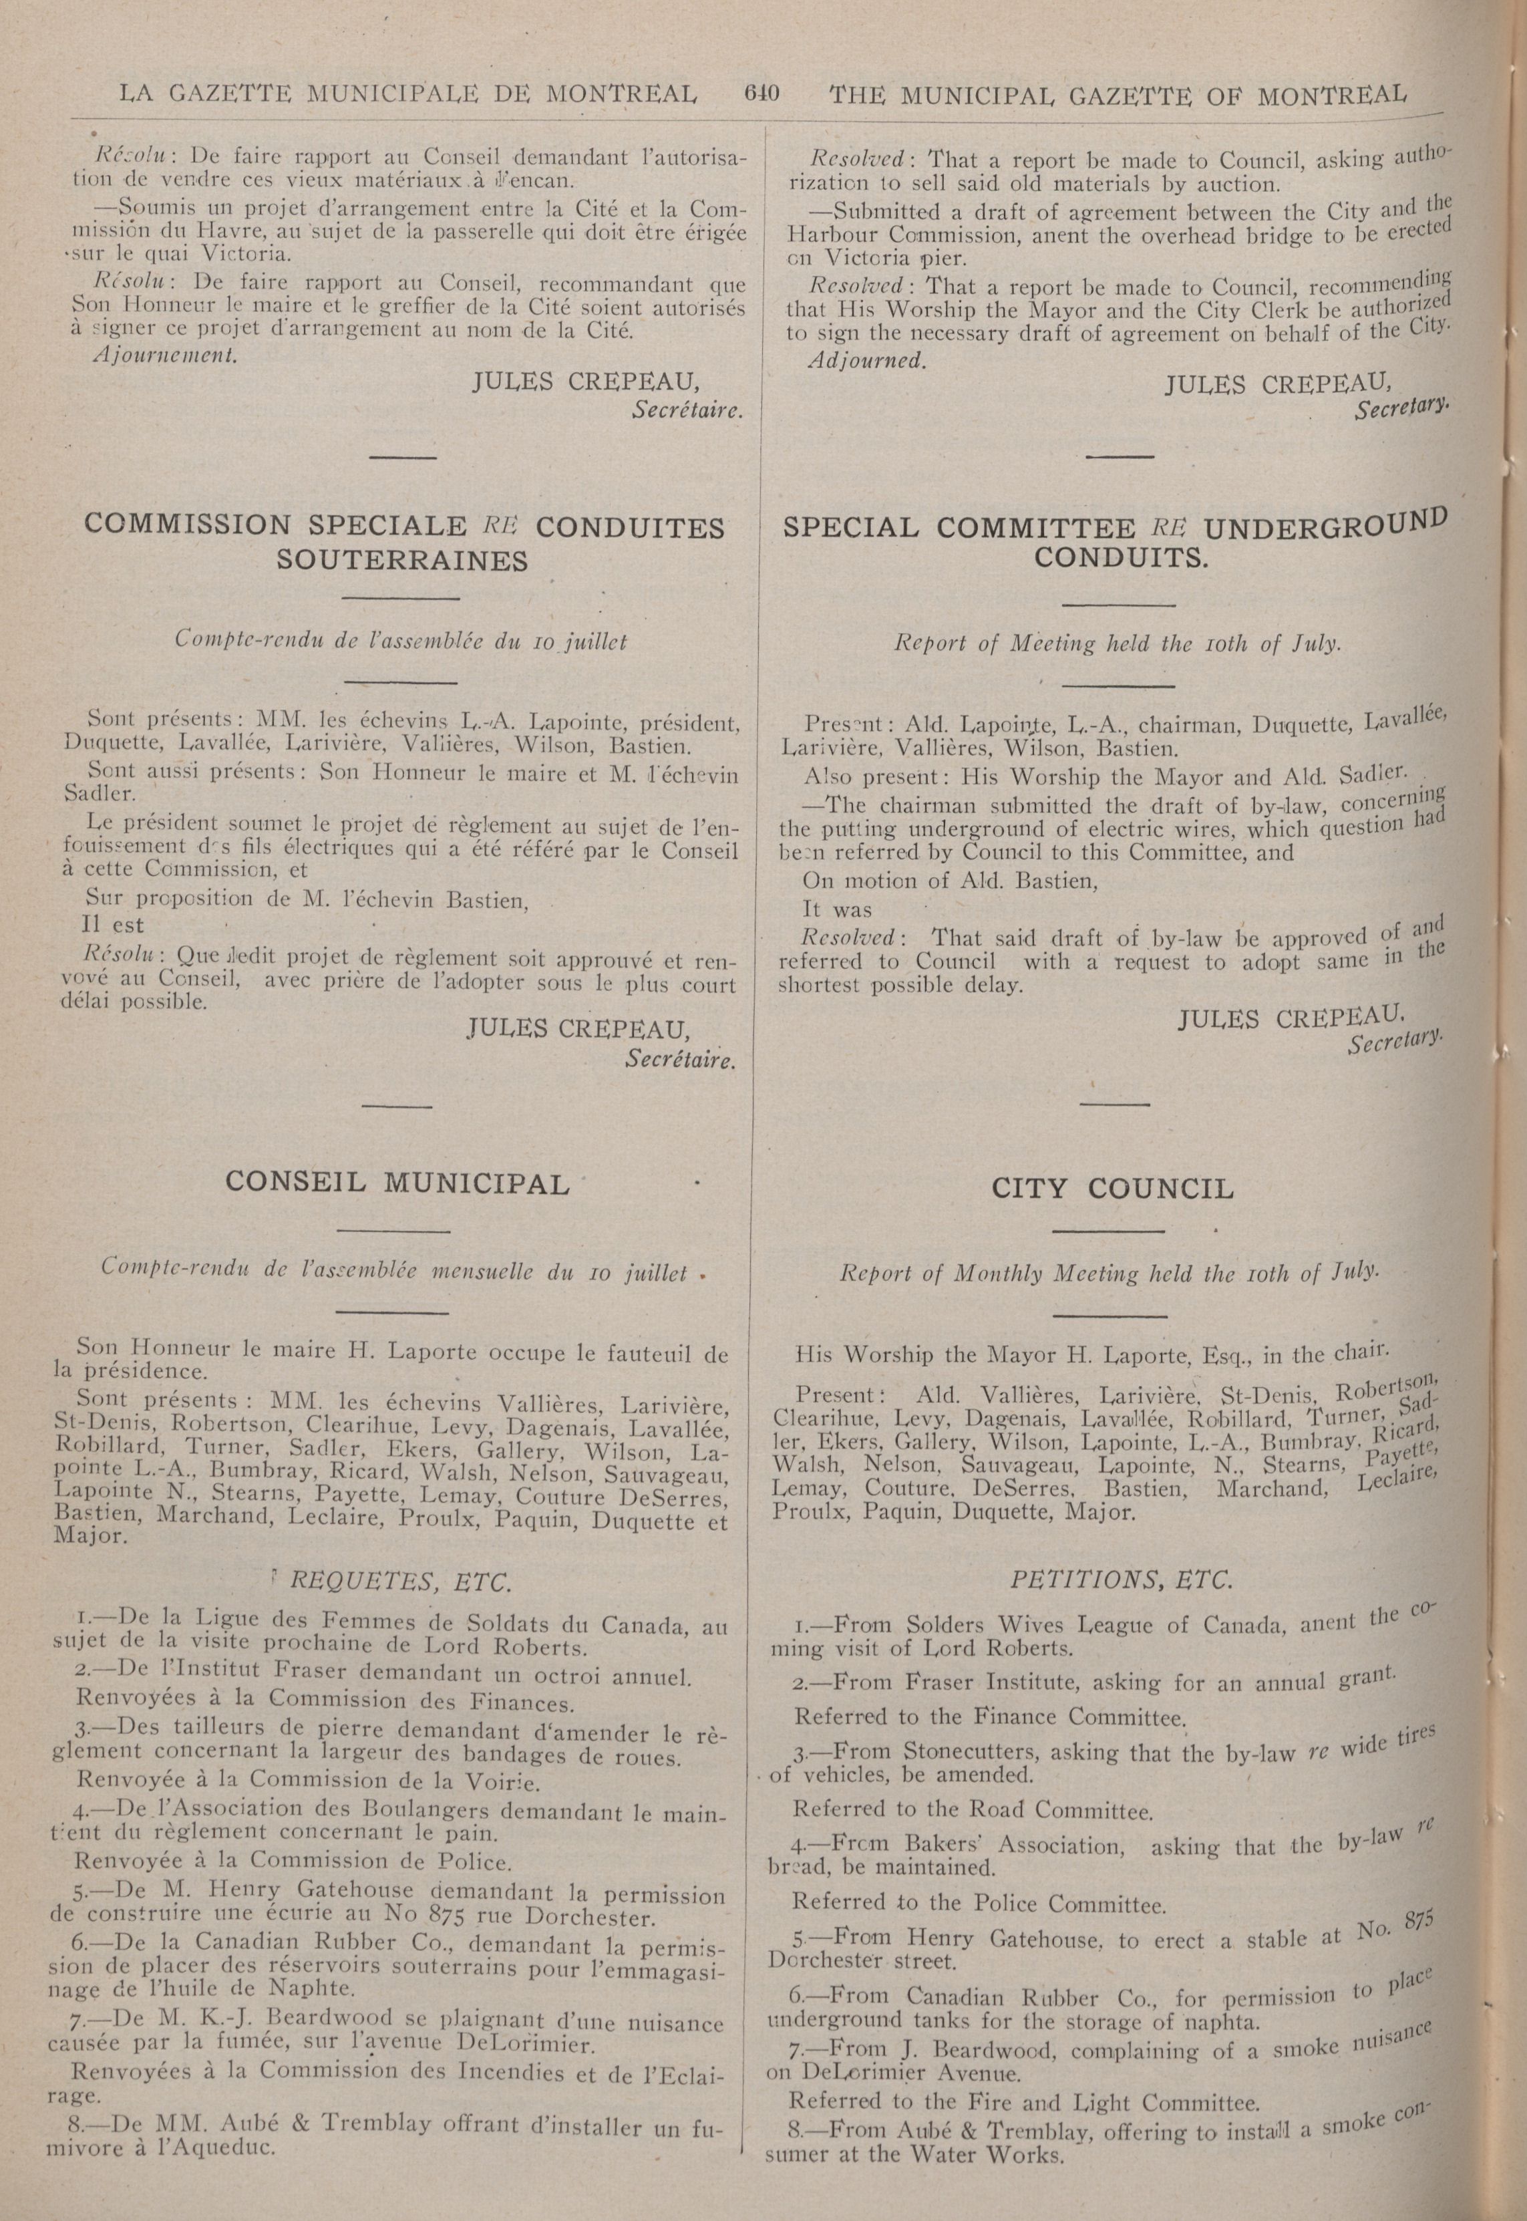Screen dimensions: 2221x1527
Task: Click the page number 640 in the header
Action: pos(761,94)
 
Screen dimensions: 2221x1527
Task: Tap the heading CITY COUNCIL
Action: pos(1112,1189)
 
